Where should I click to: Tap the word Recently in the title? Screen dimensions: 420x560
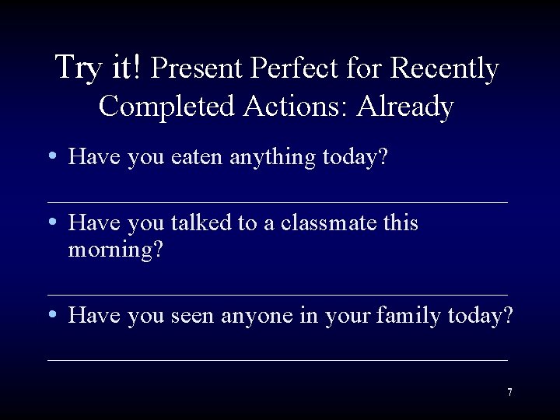(444, 69)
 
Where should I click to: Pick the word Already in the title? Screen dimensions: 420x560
(404, 107)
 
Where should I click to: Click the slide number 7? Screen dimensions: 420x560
(509, 392)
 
